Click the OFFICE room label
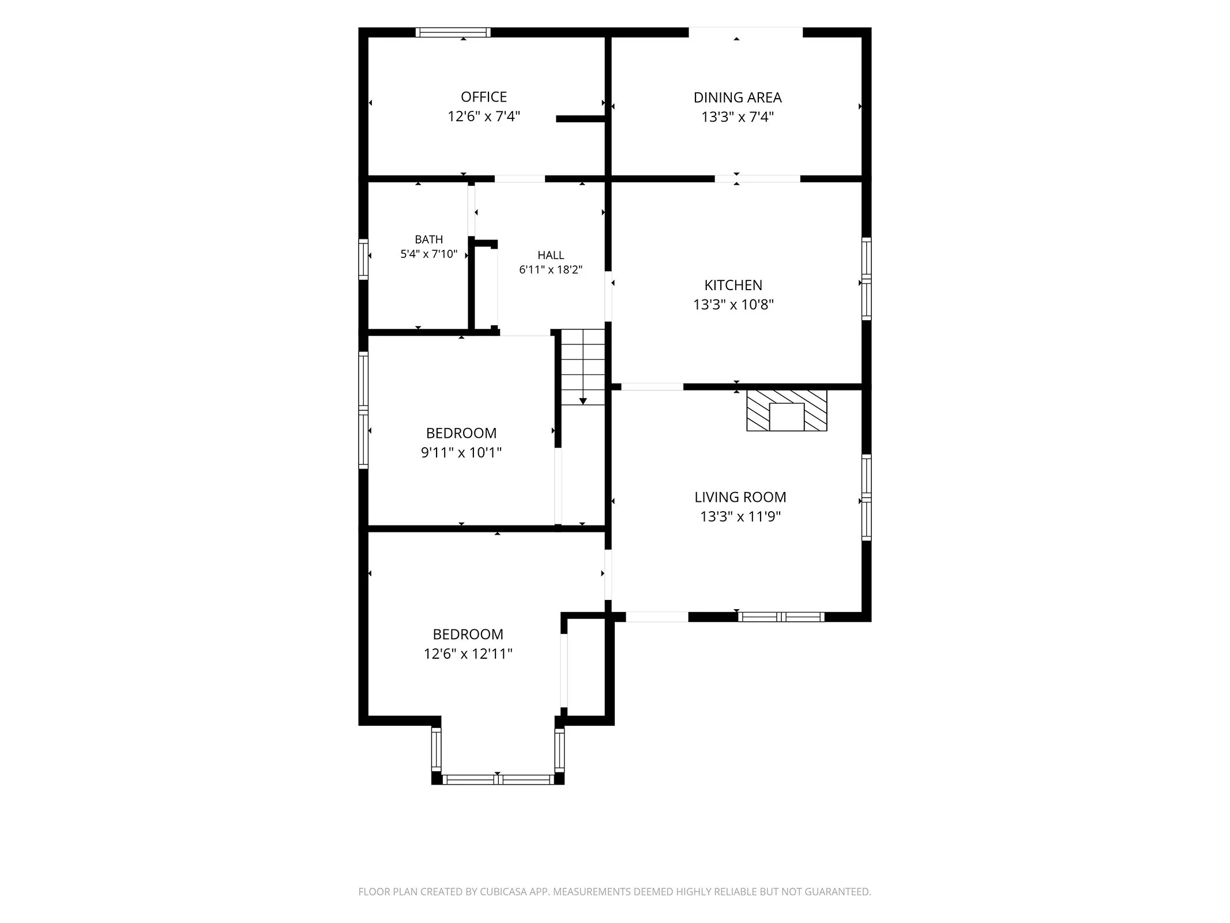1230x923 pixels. (484, 97)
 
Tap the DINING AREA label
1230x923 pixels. (738, 97)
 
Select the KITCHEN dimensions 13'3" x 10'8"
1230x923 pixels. (734, 305)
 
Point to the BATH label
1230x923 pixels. (429, 239)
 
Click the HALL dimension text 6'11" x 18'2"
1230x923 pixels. (551, 269)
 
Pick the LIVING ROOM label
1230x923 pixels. (740, 497)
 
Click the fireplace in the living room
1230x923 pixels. (787, 410)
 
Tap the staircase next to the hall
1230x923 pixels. (583, 367)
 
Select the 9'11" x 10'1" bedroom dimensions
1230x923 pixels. (461, 453)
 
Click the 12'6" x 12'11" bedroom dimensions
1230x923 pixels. (468, 654)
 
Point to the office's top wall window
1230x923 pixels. (453, 32)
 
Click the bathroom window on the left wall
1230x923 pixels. (363, 260)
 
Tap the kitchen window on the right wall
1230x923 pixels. (866, 279)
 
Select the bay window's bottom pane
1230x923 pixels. (498, 780)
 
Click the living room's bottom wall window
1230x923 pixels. (781, 617)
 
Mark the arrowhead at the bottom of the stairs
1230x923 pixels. (583, 401)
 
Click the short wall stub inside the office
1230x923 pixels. (580, 119)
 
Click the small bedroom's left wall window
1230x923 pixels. (363, 410)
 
